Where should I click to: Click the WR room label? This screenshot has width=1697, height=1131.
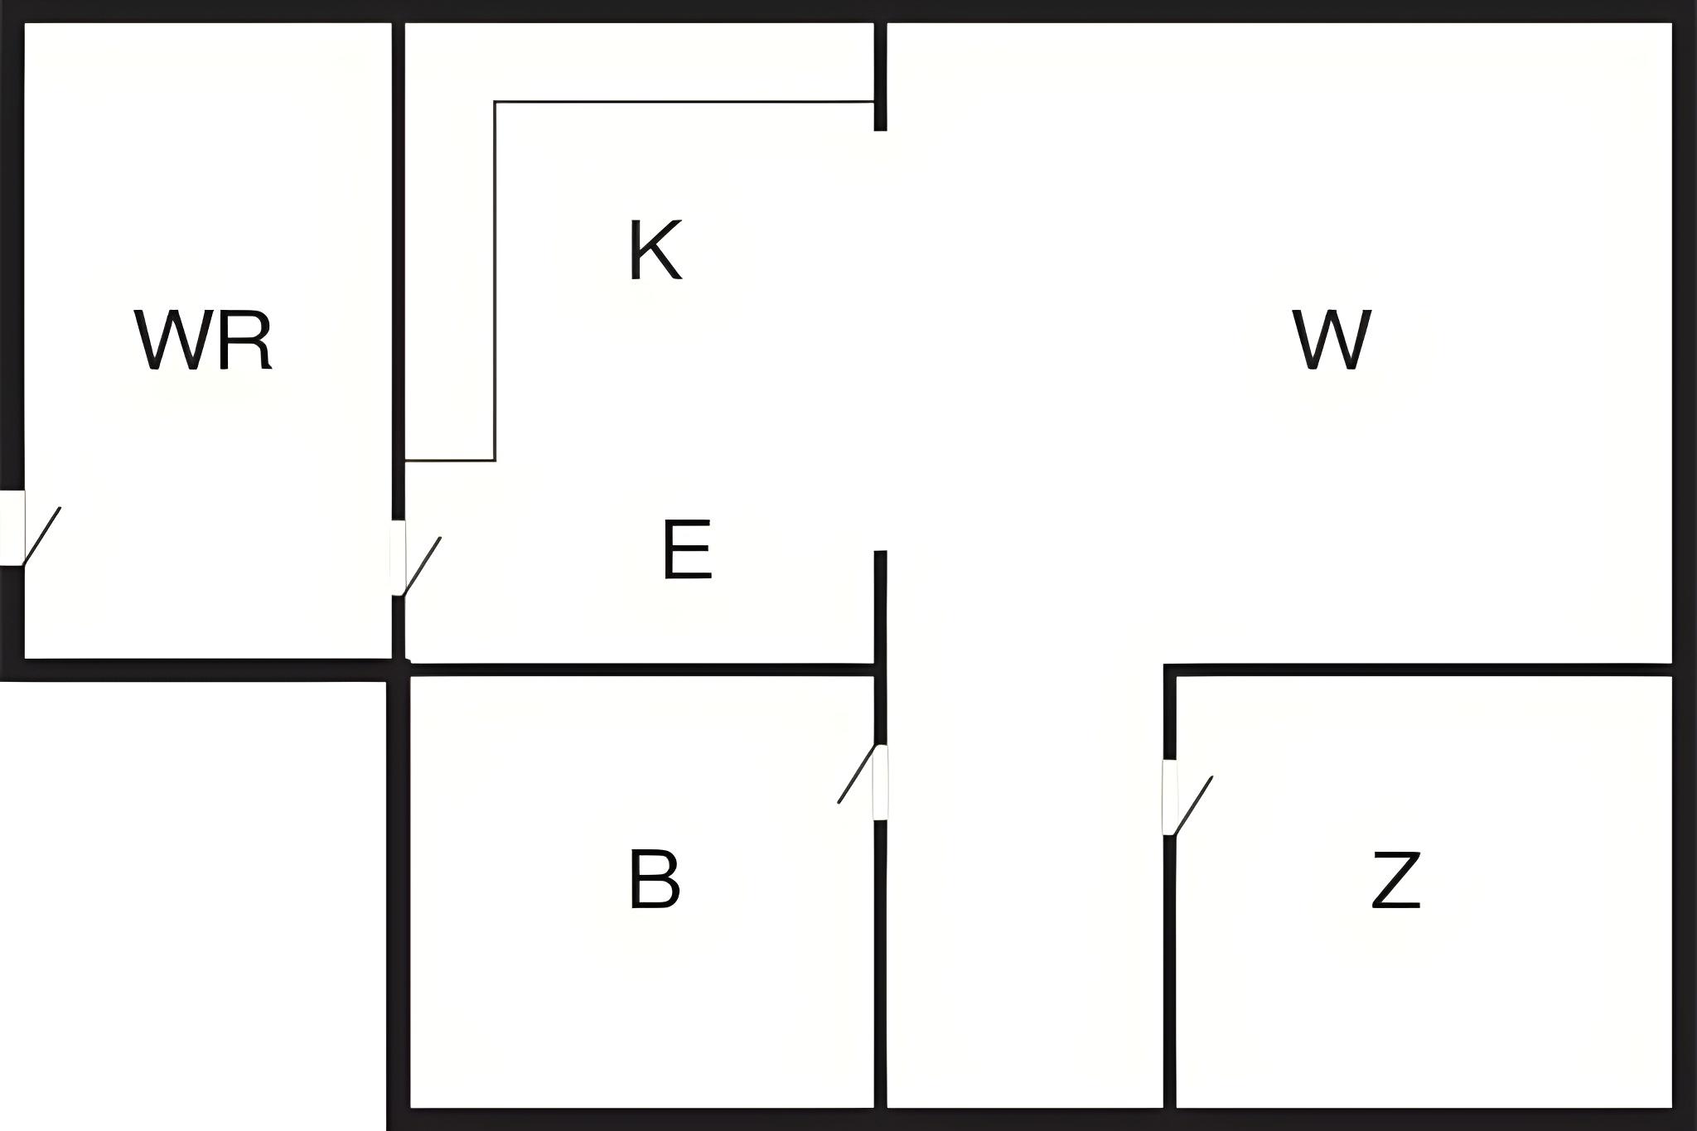point(204,341)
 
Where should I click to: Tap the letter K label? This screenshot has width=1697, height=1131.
point(655,250)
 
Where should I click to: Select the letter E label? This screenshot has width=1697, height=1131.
point(687,549)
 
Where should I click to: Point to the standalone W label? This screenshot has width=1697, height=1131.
point(1332,340)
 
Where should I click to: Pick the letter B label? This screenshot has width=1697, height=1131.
point(655,879)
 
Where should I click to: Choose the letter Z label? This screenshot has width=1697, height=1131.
point(1396,880)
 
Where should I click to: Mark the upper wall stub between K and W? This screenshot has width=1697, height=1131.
point(881,76)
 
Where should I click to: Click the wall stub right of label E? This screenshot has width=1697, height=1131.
point(881,607)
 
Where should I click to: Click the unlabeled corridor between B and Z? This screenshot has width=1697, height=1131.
point(1025,887)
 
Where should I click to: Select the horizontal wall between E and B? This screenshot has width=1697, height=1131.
point(642,669)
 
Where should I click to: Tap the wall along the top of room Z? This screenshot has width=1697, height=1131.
point(1418,669)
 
